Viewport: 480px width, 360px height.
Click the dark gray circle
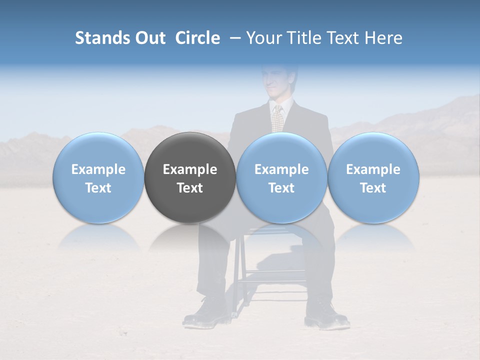[x=190, y=177]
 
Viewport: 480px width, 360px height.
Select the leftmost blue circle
[x=98, y=177]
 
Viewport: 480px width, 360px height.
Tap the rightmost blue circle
[x=373, y=177]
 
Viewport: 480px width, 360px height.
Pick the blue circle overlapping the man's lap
[x=281, y=177]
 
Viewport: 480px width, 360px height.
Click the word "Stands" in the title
[x=102, y=38]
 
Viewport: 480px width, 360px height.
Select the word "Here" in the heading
[x=383, y=38]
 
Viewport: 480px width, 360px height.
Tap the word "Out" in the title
[x=149, y=38]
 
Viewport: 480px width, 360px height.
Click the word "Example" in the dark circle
[x=190, y=169]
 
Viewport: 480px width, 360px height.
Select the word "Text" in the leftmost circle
[x=98, y=188]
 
